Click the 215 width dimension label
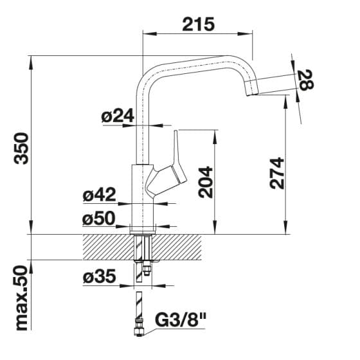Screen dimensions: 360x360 click(199, 24)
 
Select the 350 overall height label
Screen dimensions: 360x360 click(21, 148)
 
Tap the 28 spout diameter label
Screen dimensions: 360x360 click(305, 80)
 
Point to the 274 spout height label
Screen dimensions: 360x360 click(277, 173)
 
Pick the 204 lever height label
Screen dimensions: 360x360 click(206, 183)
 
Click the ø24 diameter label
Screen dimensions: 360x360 click(118, 116)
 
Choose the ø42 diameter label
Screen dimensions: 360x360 click(99, 195)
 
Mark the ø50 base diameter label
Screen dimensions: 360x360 click(98, 219)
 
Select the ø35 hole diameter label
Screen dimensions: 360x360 click(99, 276)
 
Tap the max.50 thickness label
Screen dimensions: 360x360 click(21, 298)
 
